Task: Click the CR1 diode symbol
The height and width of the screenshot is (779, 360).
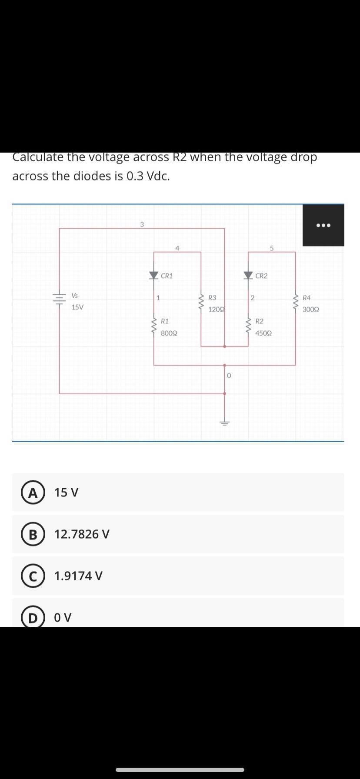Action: [154, 275]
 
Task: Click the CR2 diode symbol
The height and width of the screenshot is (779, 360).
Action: [248, 275]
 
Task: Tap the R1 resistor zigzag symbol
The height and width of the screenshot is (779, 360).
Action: [154, 324]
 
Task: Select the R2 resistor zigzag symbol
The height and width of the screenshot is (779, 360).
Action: [248, 324]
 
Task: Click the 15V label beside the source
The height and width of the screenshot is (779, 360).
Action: [78, 307]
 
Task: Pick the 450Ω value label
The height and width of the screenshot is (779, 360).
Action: [264, 333]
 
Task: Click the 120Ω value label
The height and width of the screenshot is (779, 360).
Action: [216, 310]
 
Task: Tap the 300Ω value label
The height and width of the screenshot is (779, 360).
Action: [311, 310]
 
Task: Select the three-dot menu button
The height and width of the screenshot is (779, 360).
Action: [323, 225]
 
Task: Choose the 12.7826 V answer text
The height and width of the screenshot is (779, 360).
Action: [82, 534]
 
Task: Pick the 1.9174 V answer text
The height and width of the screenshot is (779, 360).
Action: [78, 576]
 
